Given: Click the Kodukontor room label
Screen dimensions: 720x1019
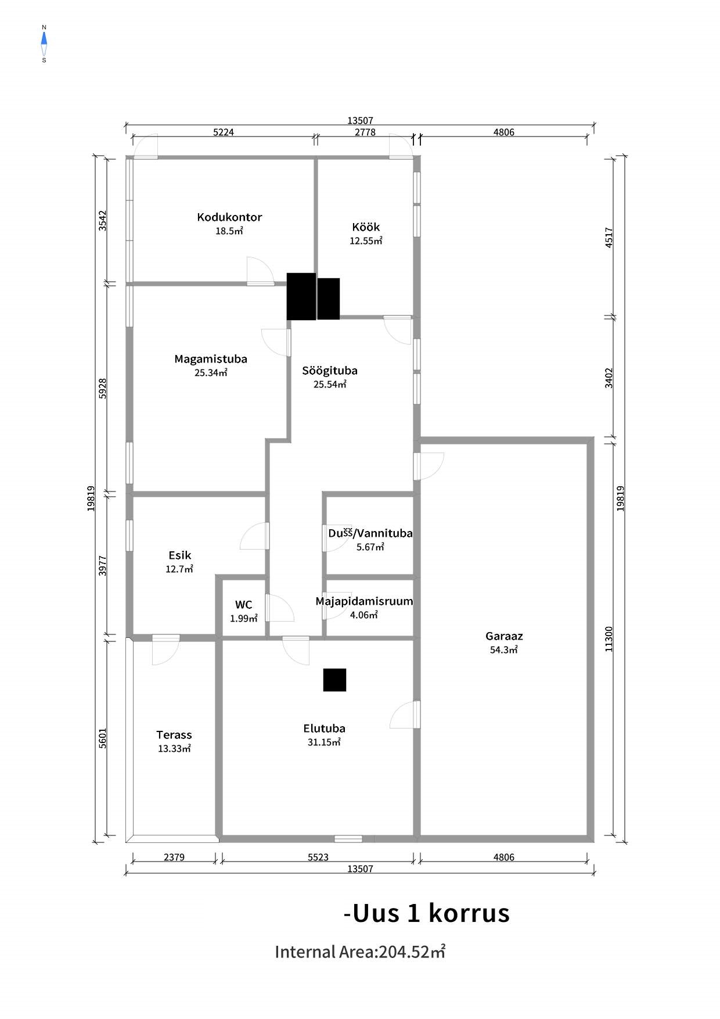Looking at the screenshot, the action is pos(229,217).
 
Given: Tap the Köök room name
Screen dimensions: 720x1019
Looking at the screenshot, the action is pos(366,227).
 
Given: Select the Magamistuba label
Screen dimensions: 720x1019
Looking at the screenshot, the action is pos(211,359).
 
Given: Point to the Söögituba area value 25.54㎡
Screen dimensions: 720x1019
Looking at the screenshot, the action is pos(330,384).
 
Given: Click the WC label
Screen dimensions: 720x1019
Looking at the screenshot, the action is pos(244,605).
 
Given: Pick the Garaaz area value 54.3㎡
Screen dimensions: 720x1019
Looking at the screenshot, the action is pos(504,650).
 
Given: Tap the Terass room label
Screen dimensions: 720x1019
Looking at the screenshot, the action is pos(174,735).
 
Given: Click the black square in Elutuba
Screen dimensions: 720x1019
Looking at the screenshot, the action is pos(334,680).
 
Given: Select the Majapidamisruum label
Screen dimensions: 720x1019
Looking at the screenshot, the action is pos(364,601).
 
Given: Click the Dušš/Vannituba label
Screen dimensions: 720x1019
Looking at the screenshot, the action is pos(370,533).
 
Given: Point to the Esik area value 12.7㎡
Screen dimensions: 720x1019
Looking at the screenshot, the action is pos(179,569).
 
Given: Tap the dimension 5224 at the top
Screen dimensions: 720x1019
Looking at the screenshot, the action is pos(224,132).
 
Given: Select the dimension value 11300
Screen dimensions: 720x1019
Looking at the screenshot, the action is pos(609,638).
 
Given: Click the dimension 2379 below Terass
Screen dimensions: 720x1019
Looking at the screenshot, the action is pos(174,857).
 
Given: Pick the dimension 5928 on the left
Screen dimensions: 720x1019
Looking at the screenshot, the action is pos(103,388).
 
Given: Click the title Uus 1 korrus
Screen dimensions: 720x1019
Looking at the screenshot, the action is pos(427,913).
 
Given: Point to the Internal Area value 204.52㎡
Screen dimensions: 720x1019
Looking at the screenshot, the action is pos(412,952).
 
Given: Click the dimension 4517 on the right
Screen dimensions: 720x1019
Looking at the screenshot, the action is pos(609,238).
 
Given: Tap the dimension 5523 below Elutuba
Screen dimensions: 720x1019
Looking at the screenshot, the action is pos(318,857).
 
